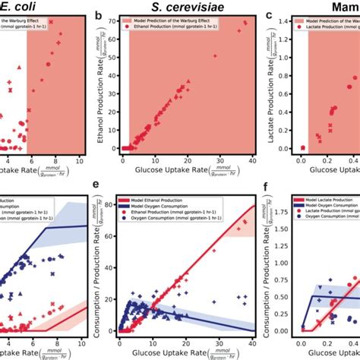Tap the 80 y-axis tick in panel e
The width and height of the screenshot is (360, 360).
pos(114,201)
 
